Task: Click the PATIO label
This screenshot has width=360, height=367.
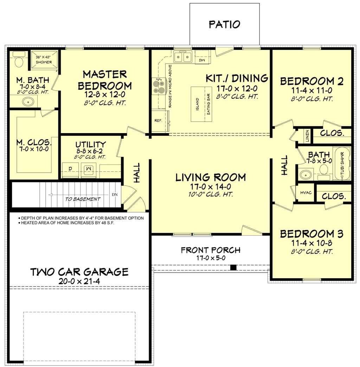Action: click(x=224, y=24)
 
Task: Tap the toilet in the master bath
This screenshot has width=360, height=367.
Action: click(x=19, y=60)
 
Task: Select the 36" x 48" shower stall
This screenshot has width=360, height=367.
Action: click(x=44, y=60)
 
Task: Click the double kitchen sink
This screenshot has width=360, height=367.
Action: click(x=182, y=57)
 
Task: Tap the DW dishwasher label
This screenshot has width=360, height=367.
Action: click(x=202, y=60)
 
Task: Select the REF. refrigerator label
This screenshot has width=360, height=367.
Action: click(x=158, y=121)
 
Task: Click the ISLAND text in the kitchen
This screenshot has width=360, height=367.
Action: click(x=197, y=104)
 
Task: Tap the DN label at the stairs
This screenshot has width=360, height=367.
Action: click(x=115, y=195)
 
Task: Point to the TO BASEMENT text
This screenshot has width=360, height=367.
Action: click(x=83, y=199)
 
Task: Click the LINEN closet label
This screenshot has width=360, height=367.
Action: click(x=307, y=136)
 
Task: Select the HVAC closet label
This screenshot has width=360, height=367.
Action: click(x=306, y=192)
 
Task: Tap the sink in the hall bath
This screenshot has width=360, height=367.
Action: click(x=306, y=175)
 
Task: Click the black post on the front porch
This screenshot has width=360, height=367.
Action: click(x=233, y=267)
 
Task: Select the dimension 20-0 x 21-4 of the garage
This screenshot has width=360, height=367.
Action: click(x=79, y=281)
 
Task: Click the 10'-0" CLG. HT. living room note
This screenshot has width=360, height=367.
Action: click(x=211, y=194)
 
